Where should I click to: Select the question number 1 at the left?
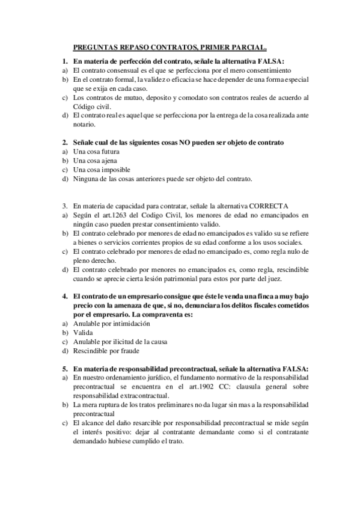click(x=64, y=61)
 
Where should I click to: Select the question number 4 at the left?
click(x=64, y=296)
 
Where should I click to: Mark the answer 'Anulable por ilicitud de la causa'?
click(x=120, y=342)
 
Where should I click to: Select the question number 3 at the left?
click(x=64, y=205)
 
